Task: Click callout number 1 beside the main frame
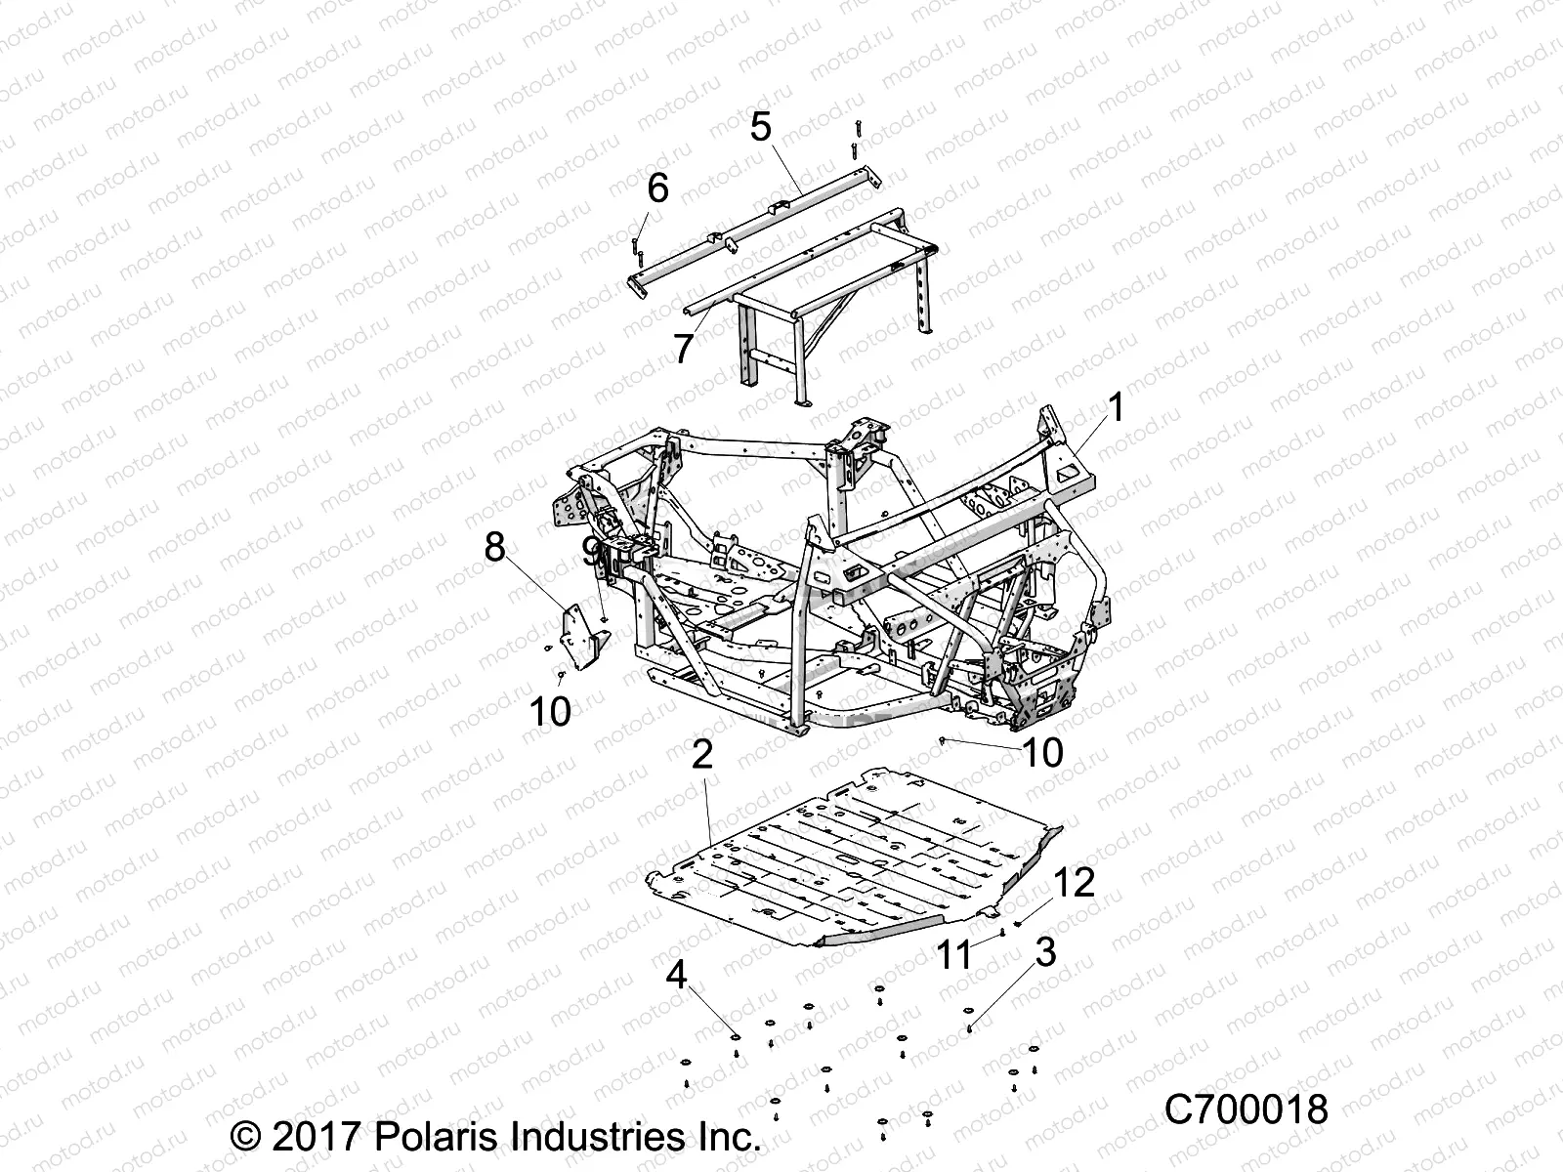1116,408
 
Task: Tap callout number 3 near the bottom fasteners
1045,952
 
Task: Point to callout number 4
704,974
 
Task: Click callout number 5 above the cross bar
760,126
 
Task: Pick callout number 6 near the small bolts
657,188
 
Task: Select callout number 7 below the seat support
684,348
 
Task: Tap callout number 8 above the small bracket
495,547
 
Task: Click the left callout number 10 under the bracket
550,711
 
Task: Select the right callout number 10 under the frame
1042,752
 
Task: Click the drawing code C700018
1246,1110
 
